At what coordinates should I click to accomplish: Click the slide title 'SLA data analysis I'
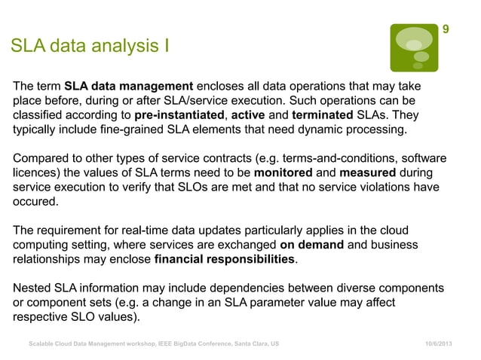90,47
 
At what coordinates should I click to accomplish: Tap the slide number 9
446,29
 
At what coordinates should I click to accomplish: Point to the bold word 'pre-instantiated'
179,115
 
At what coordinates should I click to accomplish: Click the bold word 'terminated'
323,115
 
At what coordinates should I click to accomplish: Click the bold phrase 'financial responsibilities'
225,260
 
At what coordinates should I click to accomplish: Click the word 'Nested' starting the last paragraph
32,288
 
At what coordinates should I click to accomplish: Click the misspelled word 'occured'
35,203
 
